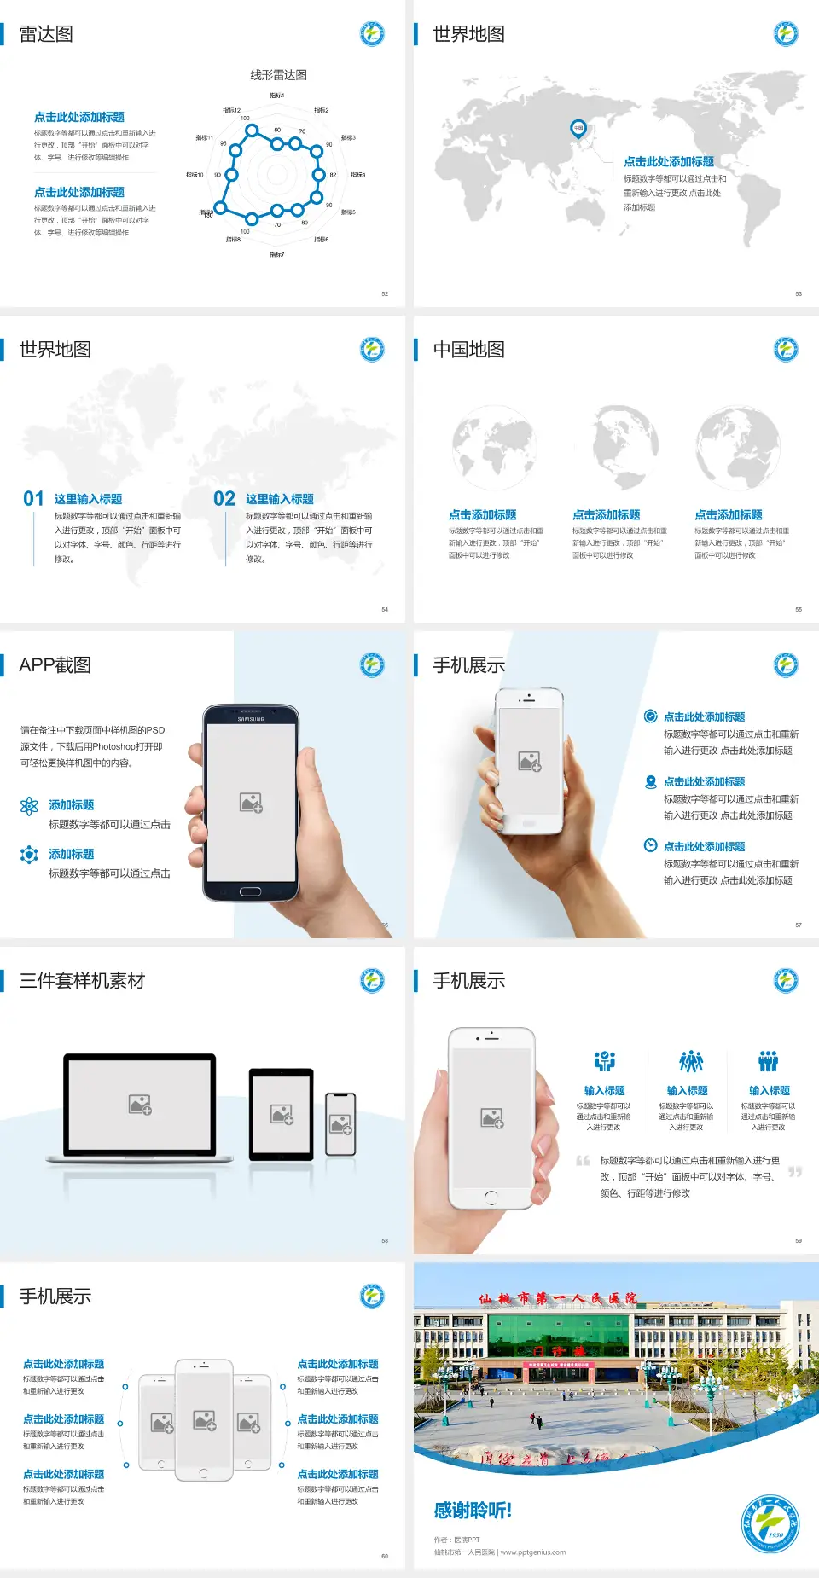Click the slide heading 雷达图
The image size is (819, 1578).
click(x=46, y=34)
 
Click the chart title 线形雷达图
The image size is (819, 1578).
click(x=278, y=75)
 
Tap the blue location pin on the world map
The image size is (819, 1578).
click(x=578, y=128)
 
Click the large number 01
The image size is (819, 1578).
click(x=33, y=498)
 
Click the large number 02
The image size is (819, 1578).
click(x=224, y=498)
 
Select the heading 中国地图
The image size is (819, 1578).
click(x=468, y=350)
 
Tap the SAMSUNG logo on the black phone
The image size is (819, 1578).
click(x=251, y=719)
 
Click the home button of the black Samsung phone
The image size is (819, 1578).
click(x=250, y=891)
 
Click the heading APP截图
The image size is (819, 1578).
click(x=55, y=665)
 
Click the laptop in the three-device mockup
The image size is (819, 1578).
click(x=140, y=1107)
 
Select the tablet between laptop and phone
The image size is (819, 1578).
click(x=282, y=1113)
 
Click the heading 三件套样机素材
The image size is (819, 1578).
click(x=82, y=981)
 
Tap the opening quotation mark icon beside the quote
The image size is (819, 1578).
click(x=583, y=1160)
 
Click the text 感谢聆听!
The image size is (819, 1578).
click(x=473, y=1511)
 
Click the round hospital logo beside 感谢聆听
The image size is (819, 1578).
click(x=770, y=1523)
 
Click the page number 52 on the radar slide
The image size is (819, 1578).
click(x=385, y=293)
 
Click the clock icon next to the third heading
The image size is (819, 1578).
click(x=650, y=845)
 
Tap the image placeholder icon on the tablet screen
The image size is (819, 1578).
click(x=282, y=1114)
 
